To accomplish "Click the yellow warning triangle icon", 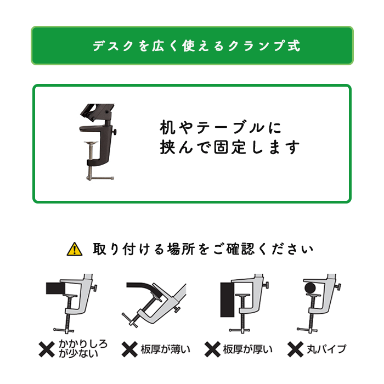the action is pyautogui.click(x=75, y=249).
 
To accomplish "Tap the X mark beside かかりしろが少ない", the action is pyautogui.click(x=47, y=349).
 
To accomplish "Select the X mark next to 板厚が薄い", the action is pyautogui.click(x=129, y=349).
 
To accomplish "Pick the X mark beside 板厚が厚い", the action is pyautogui.click(x=212, y=349).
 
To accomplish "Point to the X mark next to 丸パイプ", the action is pyautogui.click(x=295, y=349).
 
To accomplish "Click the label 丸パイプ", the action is pyautogui.click(x=326, y=349).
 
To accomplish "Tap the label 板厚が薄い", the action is pyautogui.click(x=165, y=349).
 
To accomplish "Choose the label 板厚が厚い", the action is pyautogui.click(x=247, y=349).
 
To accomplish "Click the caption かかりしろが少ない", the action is pyautogui.click(x=83, y=349).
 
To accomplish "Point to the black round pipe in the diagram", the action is pyautogui.click(x=310, y=288).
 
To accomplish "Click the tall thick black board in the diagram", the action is pyautogui.click(x=228, y=300).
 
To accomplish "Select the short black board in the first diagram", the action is pyautogui.click(x=56, y=288).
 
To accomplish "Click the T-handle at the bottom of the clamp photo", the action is pyautogui.click(x=100, y=178).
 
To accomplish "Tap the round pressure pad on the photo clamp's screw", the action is pyautogui.click(x=91, y=143).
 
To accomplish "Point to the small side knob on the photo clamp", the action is pyautogui.click(x=114, y=132).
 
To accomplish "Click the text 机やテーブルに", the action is pyautogui.click(x=221, y=128).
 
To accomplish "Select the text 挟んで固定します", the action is pyautogui.click(x=230, y=148).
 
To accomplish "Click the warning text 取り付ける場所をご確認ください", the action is pyautogui.click(x=204, y=249).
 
